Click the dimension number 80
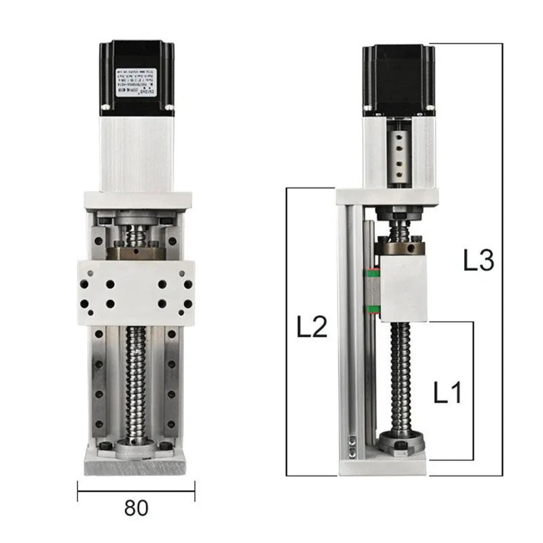pyautogui.click(x=136, y=507)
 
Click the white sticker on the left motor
pyautogui.click(x=136, y=83)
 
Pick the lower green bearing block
pyautogui.click(x=371, y=311)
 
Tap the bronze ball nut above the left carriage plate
pyautogui.click(x=136, y=252)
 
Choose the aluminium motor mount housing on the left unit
pyautogui.click(x=136, y=153)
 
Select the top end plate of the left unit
pyautogui.click(x=136, y=200)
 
